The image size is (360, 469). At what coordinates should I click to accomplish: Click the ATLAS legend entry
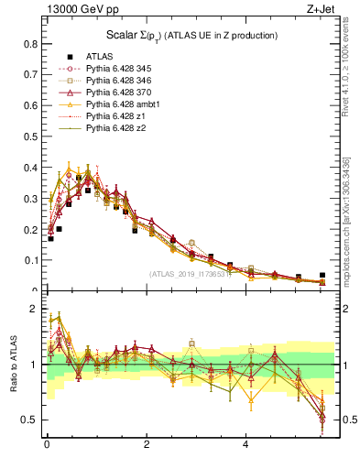(100, 56)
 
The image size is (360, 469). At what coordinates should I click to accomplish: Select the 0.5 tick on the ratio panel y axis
(29, 420)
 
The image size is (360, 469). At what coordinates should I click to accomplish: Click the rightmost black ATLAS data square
(322, 275)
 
